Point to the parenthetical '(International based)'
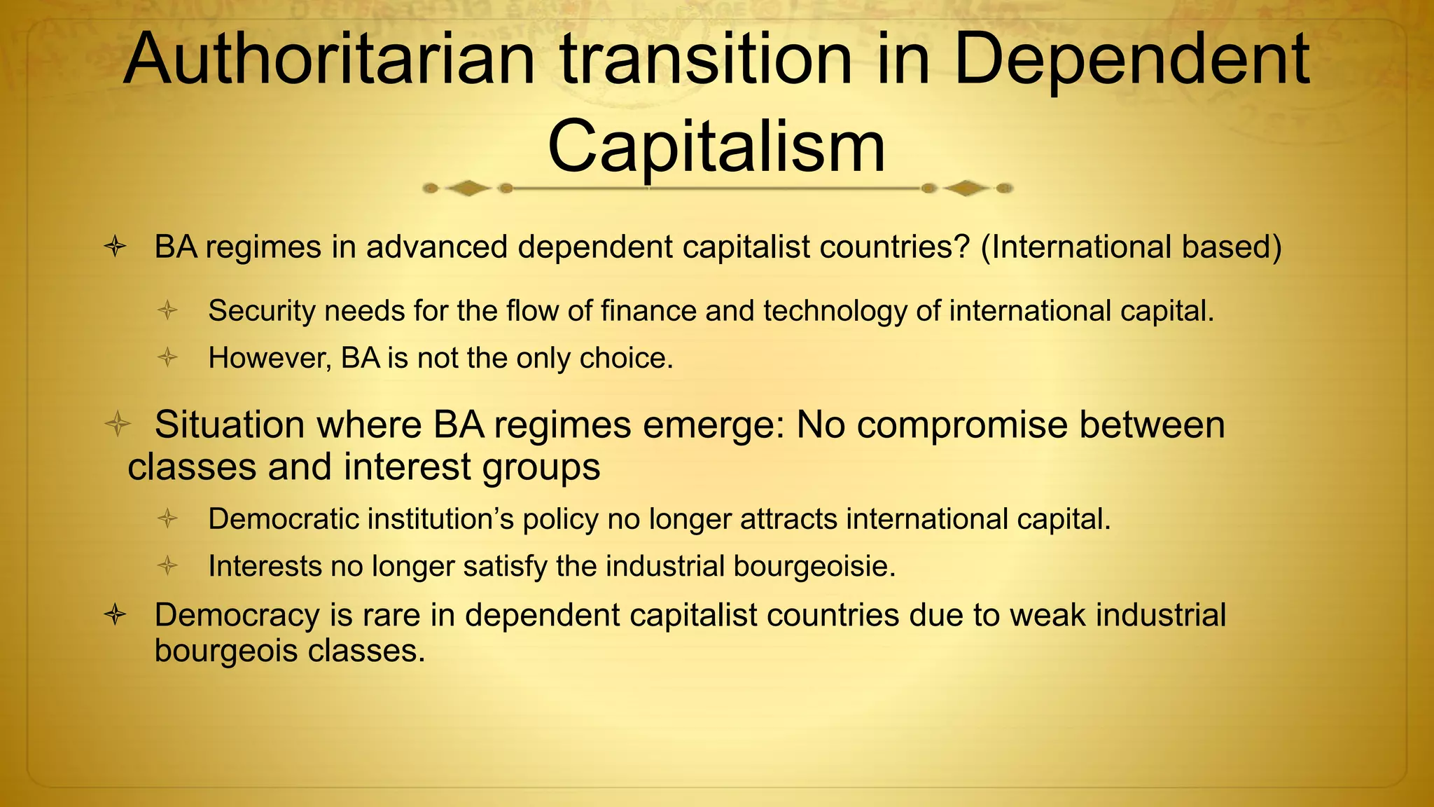click(1131, 247)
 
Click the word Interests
click(265, 566)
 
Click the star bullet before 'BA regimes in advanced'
click(115, 247)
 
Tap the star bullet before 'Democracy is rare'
click(115, 615)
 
